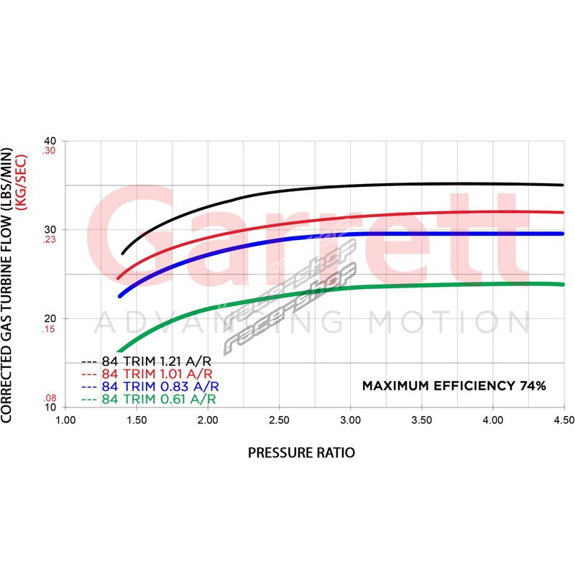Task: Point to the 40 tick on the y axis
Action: coord(50,141)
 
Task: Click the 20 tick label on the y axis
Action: coord(50,318)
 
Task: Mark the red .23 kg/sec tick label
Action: coord(49,241)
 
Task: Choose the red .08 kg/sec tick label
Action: coord(49,397)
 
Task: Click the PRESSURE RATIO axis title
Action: coord(301,453)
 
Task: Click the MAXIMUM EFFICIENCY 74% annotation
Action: coord(454,386)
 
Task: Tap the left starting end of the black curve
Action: coord(123,253)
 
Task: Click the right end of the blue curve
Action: coord(563,234)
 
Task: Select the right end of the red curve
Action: coord(563,212)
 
